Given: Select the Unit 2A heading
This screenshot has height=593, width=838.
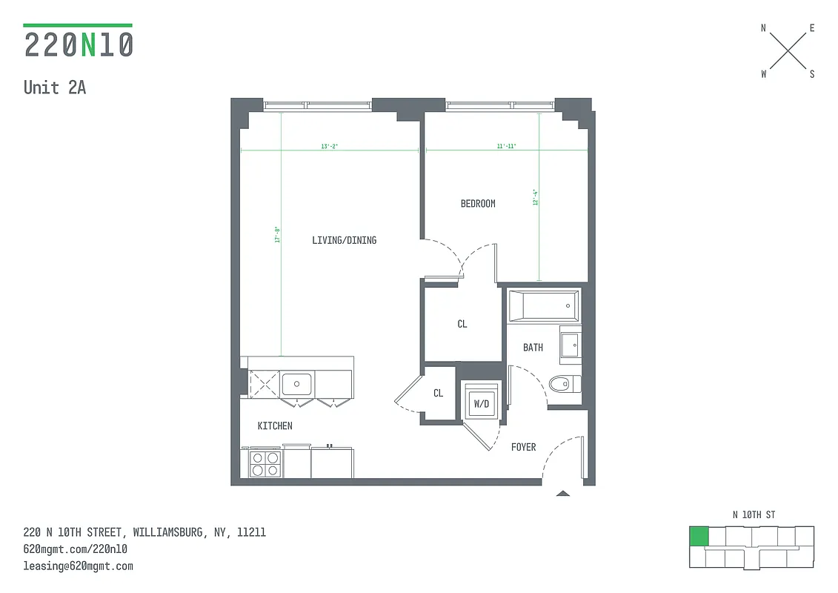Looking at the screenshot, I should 55,87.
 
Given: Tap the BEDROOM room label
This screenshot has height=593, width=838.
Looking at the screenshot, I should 478,204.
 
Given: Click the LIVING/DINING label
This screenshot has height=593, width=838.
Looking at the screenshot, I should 344,240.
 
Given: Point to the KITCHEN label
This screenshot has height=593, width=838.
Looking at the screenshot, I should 274,426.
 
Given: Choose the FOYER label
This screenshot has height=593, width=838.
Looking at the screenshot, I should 523,447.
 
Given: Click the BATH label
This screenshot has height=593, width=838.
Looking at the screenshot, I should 533,347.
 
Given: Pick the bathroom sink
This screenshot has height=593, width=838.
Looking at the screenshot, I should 570,344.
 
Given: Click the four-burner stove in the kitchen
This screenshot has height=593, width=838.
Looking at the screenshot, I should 265,464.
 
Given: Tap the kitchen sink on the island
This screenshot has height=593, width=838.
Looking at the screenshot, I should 296,384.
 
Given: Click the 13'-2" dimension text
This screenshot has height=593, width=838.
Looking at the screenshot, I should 330,147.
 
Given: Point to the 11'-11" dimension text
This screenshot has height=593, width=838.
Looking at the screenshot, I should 507,147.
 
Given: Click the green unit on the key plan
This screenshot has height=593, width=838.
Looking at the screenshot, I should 698,537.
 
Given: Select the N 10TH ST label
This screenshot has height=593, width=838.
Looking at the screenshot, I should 754,514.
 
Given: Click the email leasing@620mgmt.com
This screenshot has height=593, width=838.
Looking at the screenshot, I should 79,566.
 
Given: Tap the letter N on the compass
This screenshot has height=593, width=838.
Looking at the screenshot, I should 763,28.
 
